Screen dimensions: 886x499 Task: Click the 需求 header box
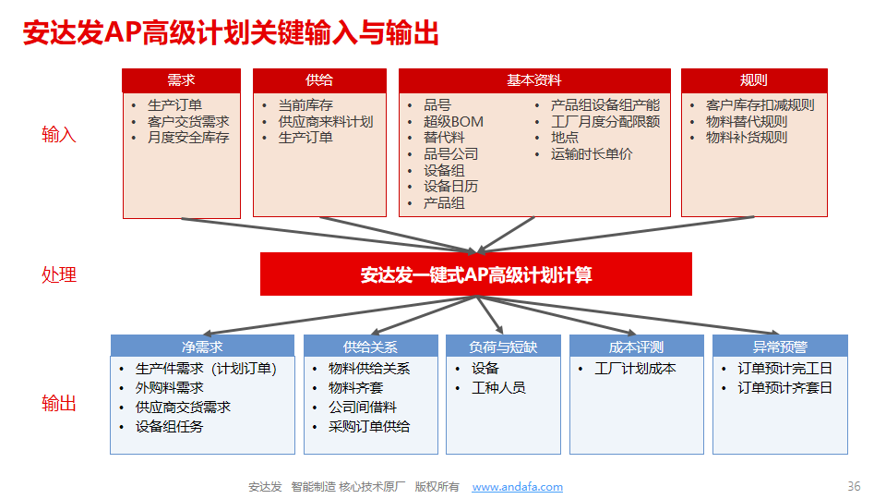pos(182,80)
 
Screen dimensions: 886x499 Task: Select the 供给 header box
pos(319,80)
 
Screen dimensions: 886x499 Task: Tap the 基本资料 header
pos(534,80)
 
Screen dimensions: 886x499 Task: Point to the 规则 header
pos(754,80)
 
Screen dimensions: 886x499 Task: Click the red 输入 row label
pos(59,135)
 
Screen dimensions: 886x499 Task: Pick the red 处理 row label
pos(59,275)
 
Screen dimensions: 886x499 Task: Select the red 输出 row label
pos(59,404)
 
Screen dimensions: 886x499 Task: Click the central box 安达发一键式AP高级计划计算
pos(476,274)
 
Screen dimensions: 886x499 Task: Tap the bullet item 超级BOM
pos(453,122)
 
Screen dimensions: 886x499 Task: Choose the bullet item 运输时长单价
pos(592,154)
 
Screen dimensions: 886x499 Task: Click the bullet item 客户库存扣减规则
pos(760,105)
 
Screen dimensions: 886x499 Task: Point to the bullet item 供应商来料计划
pos(326,122)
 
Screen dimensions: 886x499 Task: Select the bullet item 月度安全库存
pos(188,138)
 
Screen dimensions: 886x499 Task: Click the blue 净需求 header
pos(202,347)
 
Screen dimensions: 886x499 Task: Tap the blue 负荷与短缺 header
pos(503,347)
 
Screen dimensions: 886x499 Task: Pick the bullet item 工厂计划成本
pos(635,369)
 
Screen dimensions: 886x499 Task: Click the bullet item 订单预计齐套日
pos(784,388)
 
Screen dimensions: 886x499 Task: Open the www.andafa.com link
pos(518,487)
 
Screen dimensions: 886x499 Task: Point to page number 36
pos(854,486)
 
